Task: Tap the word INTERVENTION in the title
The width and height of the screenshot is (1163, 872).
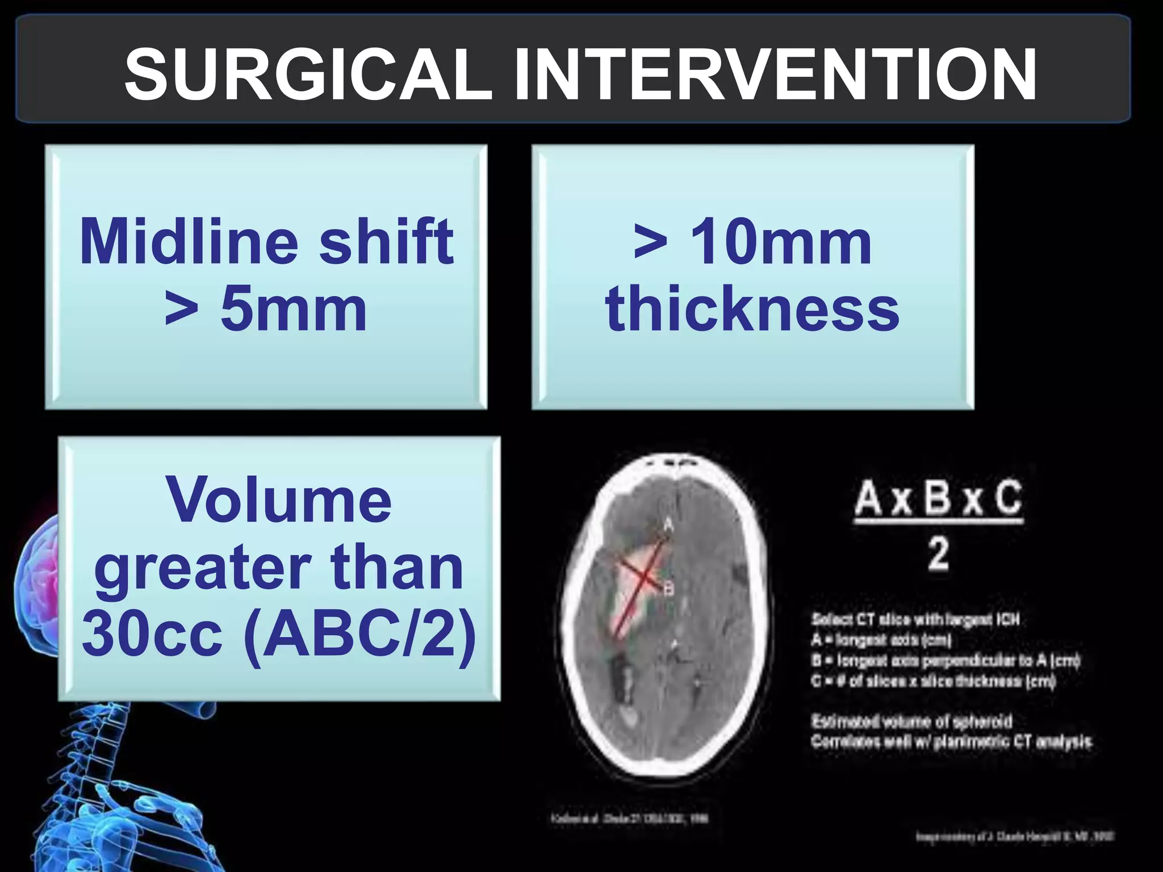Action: [775, 74]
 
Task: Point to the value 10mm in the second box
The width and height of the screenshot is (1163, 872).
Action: [781, 242]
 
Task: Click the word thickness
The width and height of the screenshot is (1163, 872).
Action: [752, 309]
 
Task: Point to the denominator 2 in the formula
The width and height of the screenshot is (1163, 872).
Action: [938, 554]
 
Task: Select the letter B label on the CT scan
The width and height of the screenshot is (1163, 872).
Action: [668, 590]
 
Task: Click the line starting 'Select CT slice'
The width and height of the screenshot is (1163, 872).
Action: [915, 619]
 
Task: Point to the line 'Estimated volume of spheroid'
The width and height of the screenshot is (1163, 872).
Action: [911, 722]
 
